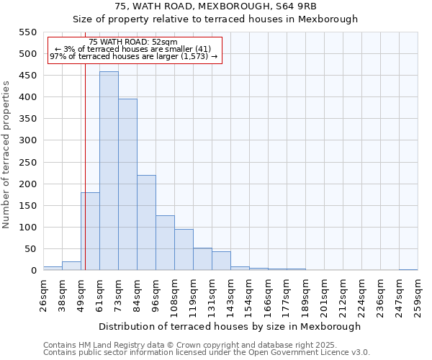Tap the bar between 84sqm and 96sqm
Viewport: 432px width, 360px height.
(146, 223)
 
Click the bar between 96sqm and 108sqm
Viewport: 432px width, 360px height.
(165, 243)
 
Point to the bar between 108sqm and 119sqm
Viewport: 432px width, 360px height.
(184, 250)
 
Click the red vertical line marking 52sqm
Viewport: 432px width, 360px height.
(85, 180)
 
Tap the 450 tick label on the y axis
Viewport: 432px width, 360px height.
(27, 76)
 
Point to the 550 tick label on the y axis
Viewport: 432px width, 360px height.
(27, 32)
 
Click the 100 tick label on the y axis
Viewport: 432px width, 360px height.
(27, 228)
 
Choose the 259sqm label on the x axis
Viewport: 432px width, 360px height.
(418, 296)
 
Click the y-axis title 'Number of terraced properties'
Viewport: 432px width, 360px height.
(7, 155)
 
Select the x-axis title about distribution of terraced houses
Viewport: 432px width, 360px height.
(230, 326)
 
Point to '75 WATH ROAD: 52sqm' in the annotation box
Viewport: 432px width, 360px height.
(133, 42)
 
